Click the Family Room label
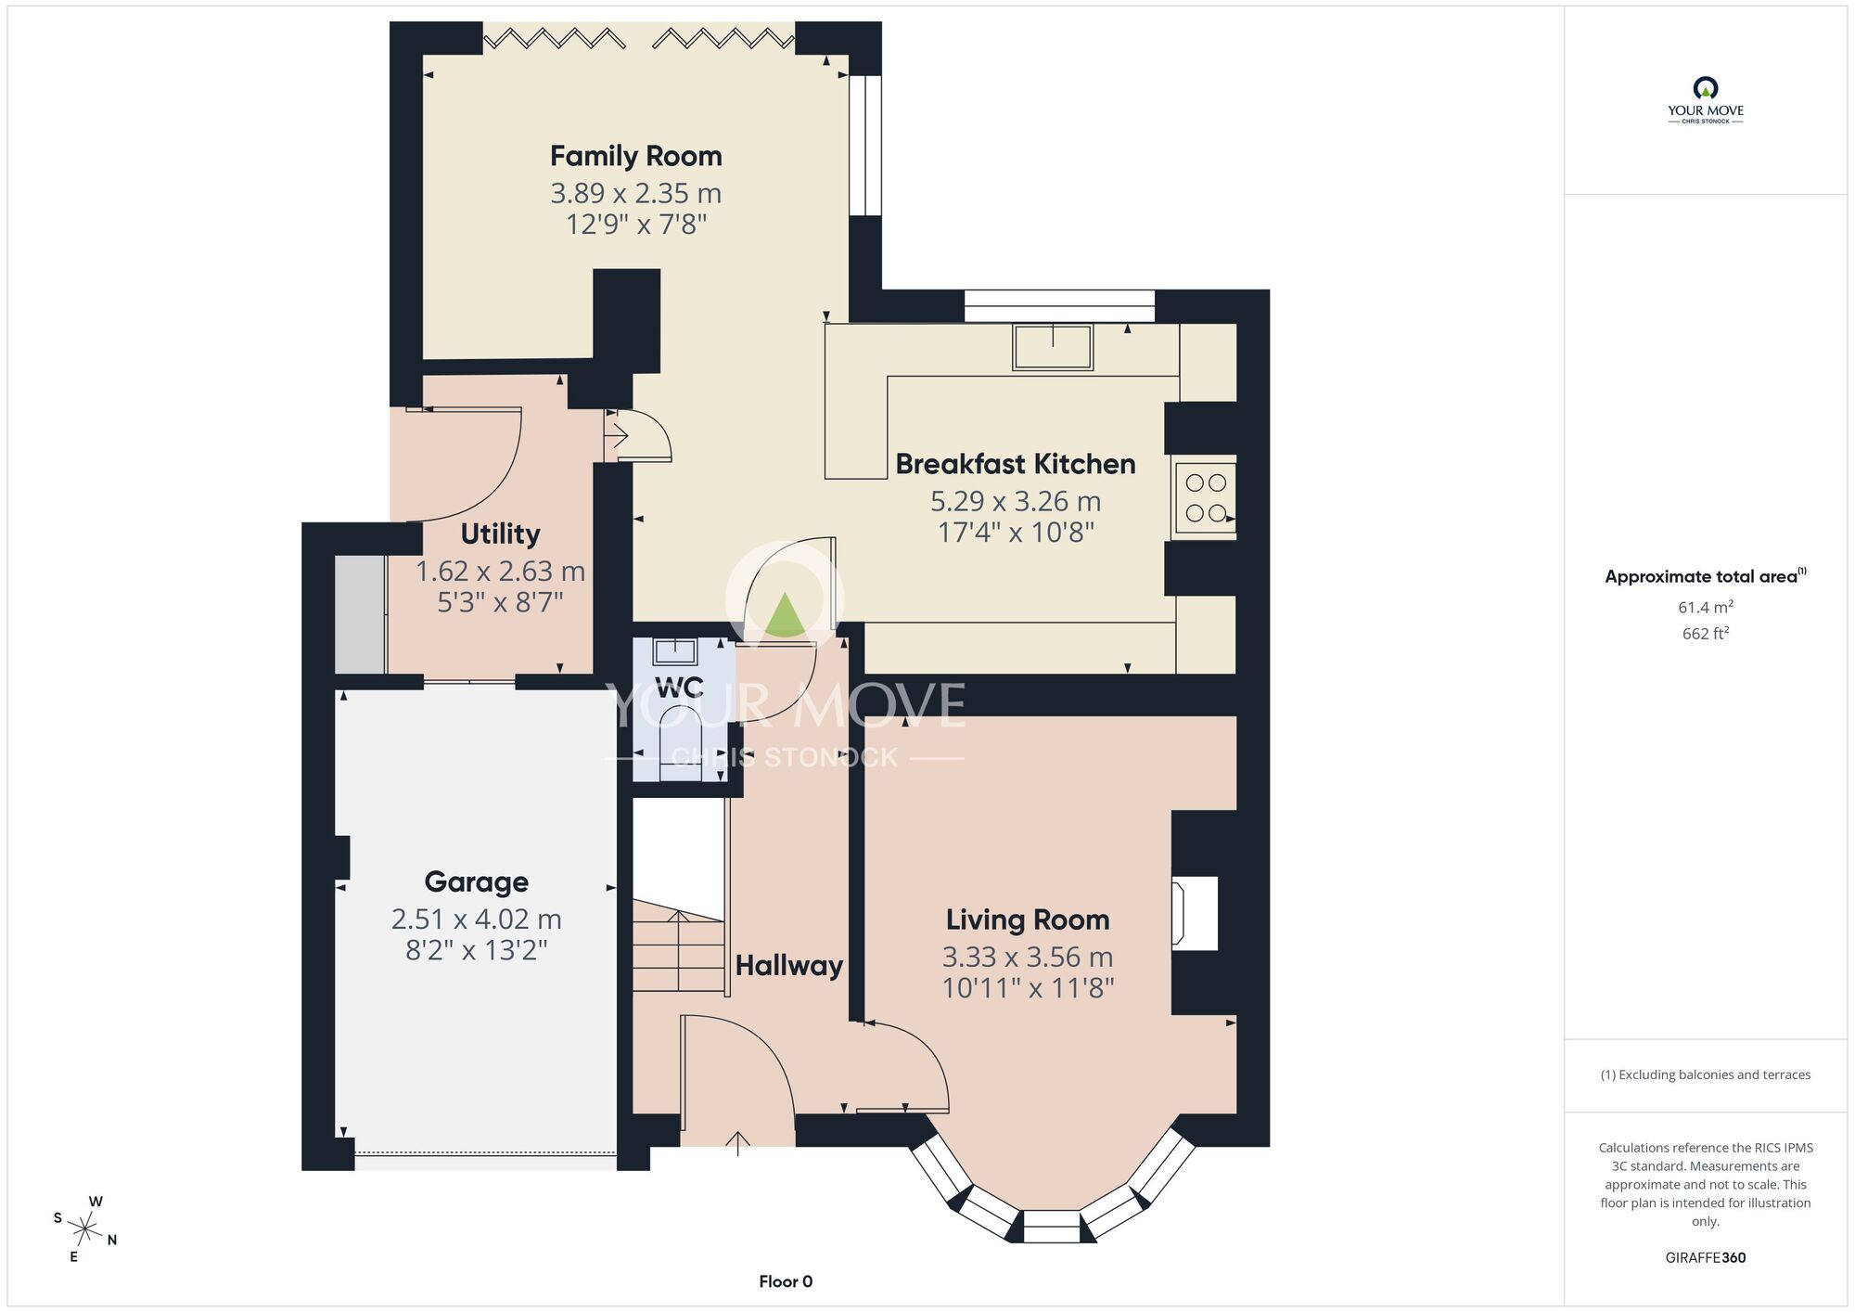636,156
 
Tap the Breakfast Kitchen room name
1016,464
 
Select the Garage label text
477,882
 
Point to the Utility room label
501,534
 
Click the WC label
679,688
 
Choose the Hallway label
789,966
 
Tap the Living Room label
1028,920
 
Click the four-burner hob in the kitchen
1205,498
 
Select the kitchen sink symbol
1053,346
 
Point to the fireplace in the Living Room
1196,914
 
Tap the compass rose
85,1230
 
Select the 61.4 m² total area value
1706,608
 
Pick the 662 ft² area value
1706,634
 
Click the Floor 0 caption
786,1281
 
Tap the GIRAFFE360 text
1706,1258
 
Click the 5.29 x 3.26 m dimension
1016,502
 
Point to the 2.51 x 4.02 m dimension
477,920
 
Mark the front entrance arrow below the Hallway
738,1143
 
